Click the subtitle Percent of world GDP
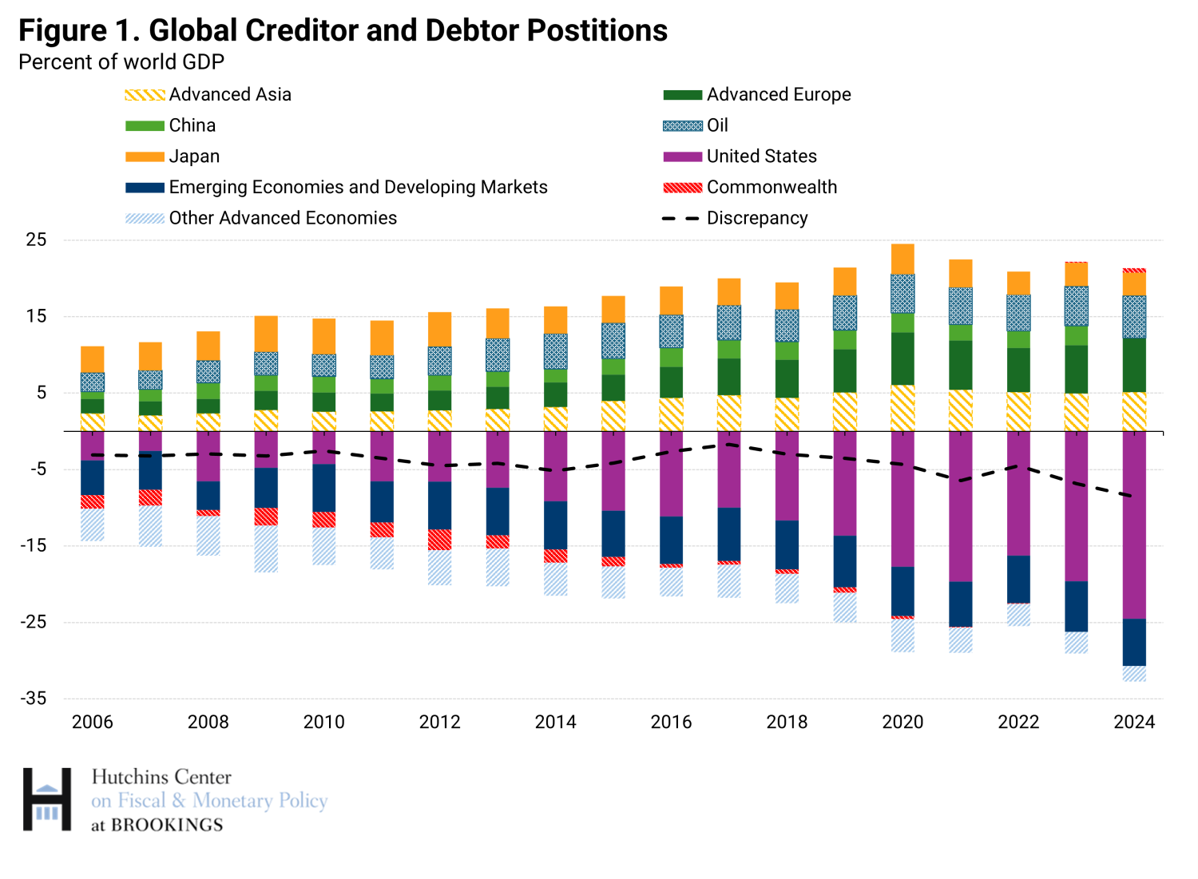click(x=121, y=62)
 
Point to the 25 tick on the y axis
click(x=37, y=240)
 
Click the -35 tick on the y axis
click(x=34, y=699)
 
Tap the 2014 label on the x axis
click(x=555, y=722)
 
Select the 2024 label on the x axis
click(x=1134, y=722)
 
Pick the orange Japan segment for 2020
click(x=902, y=259)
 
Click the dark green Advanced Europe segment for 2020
click(x=902, y=358)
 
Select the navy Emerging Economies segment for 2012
click(x=439, y=505)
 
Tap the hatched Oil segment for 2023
click(x=1076, y=306)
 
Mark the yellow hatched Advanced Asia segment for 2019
click(x=845, y=411)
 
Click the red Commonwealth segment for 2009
click(x=266, y=516)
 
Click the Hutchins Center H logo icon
click(x=47, y=799)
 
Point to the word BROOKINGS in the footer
click(x=167, y=825)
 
